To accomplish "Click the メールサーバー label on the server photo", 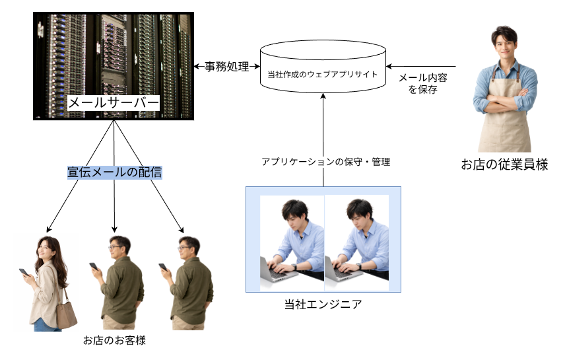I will [x=114, y=104].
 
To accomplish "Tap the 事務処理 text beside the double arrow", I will [x=226, y=67].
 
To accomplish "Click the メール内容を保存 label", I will [x=423, y=83].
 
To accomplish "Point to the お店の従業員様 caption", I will [x=504, y=164].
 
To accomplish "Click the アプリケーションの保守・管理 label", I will [x=325, y=161].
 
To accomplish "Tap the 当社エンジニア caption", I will [x=323, y=305].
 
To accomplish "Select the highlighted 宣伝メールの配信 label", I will [x=115, y=172].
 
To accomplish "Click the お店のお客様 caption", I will [x=114, y=341].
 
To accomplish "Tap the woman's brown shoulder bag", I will [x=66, y=313].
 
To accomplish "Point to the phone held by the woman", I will [x=24, y=272].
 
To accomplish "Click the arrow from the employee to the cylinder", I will [x=429, y=66].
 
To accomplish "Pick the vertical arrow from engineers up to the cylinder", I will [x=323, y=139].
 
